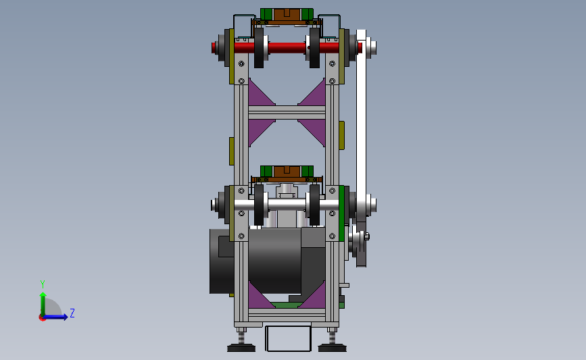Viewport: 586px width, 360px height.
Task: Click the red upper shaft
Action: (x=287, y=48)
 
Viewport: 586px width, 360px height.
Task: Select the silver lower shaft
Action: (x=287, y=205)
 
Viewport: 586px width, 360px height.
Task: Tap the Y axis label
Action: (x=43, y=284)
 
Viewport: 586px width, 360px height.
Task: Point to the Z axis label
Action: (x=72, y=313)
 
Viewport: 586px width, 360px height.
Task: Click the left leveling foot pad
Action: (x=241, y=349)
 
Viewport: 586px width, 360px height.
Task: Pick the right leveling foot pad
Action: (x=333, y=349)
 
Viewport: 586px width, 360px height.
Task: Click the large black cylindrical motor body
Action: (x=274, y=261)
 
